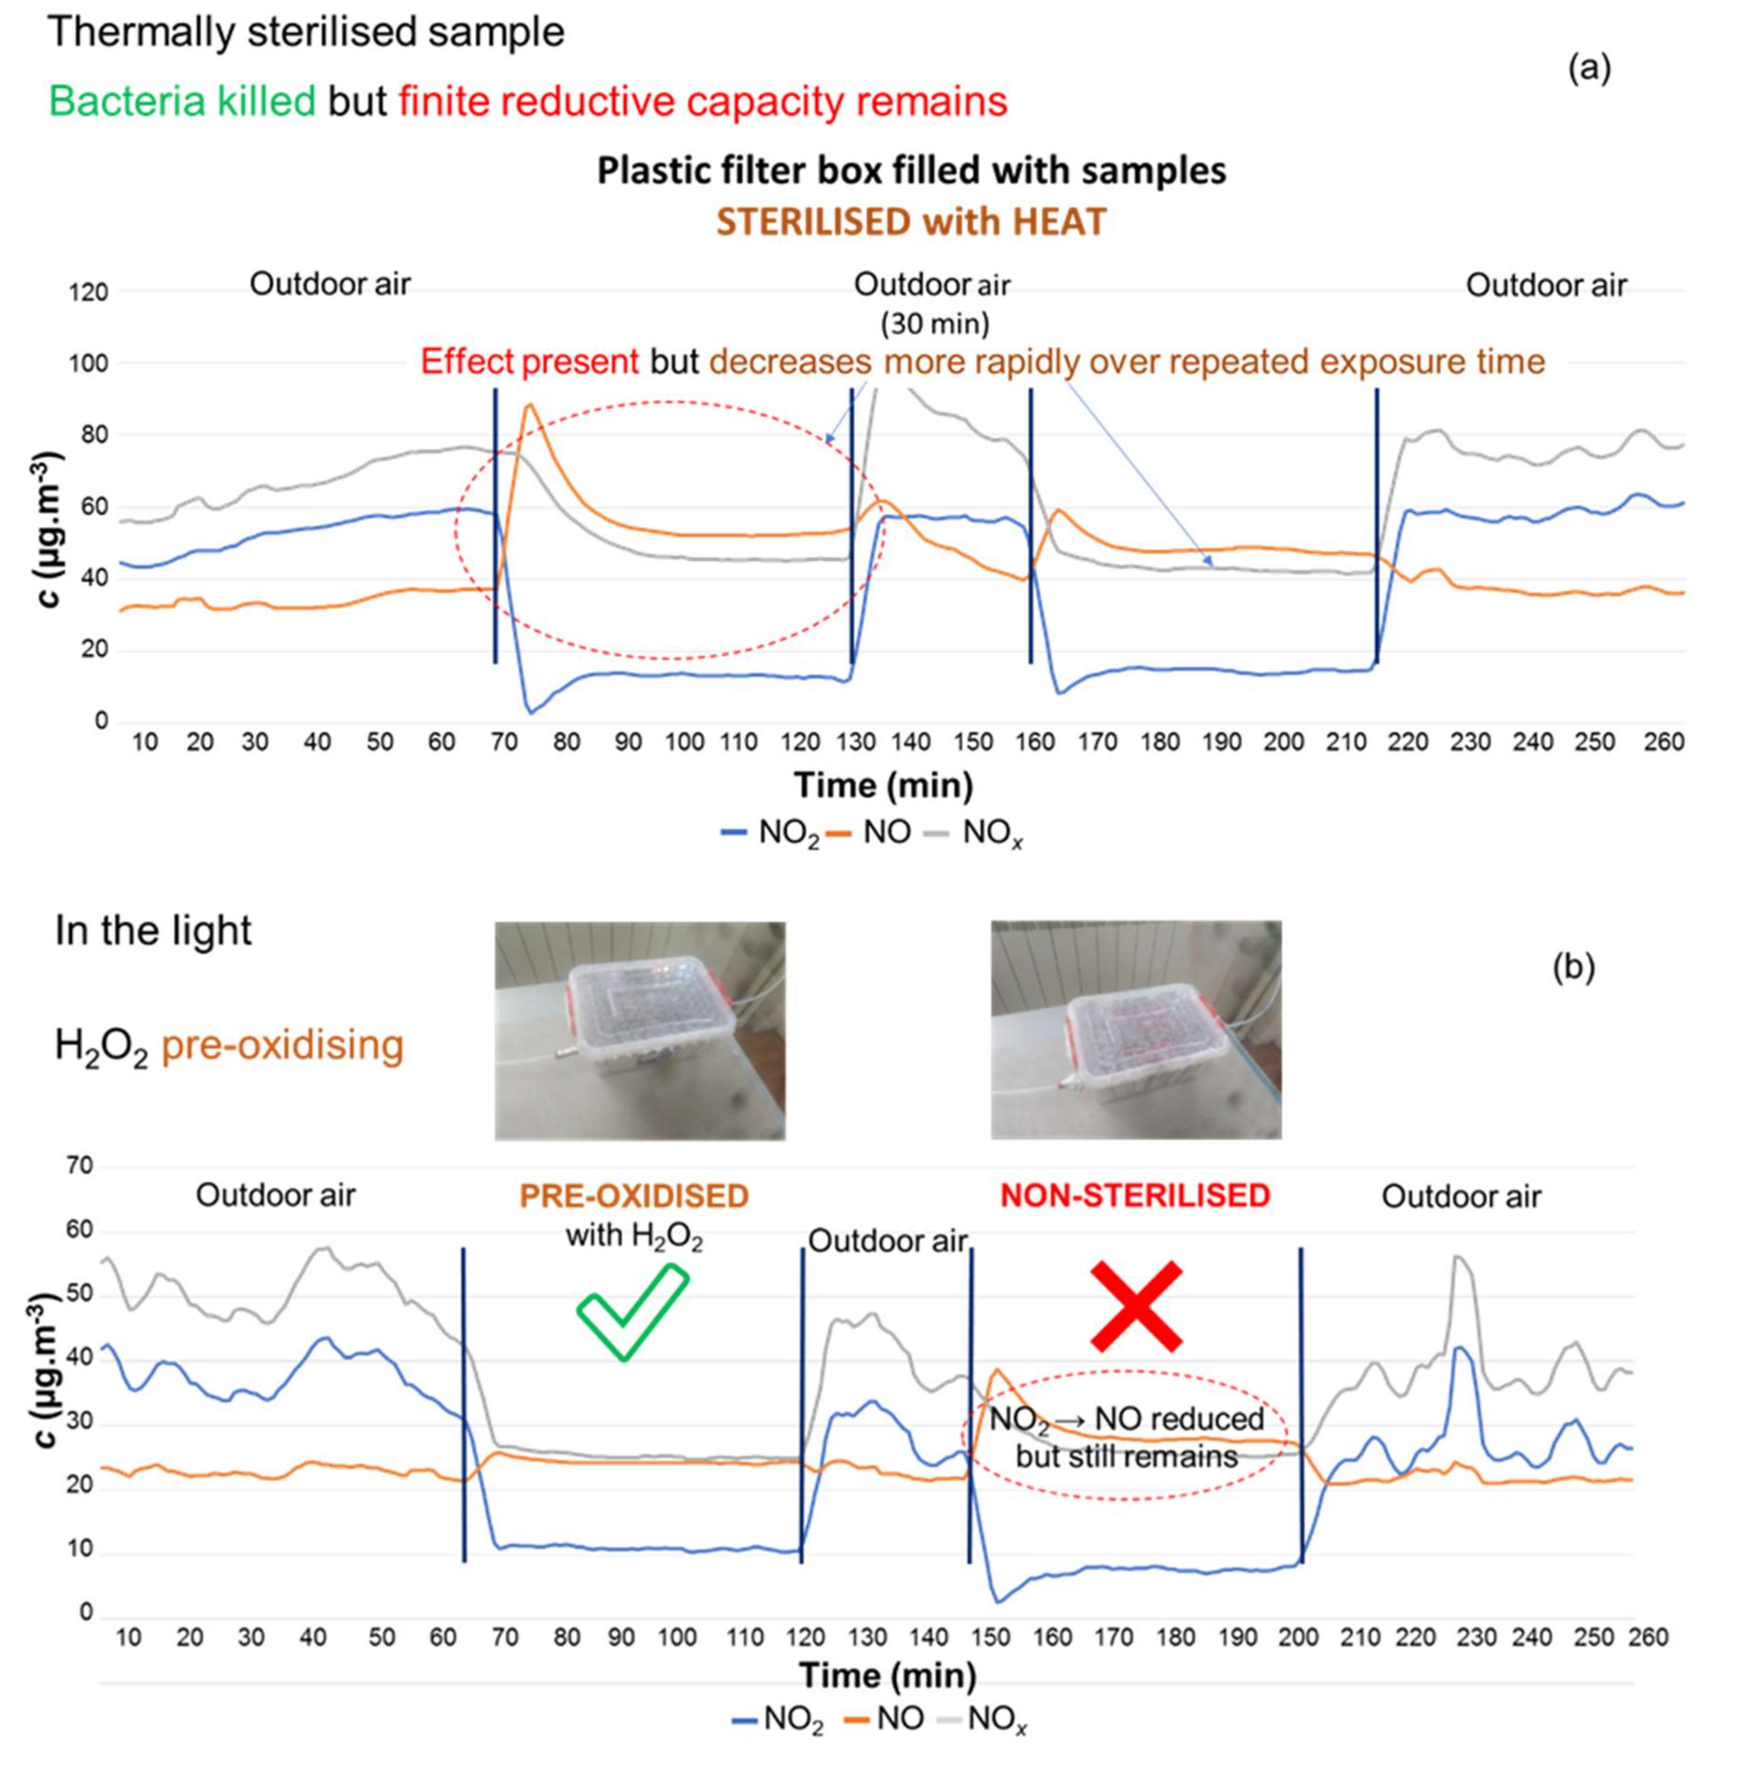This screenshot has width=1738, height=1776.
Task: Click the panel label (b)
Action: tap(1574, 967)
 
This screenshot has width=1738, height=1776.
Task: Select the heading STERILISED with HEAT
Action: tap(911, 222)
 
